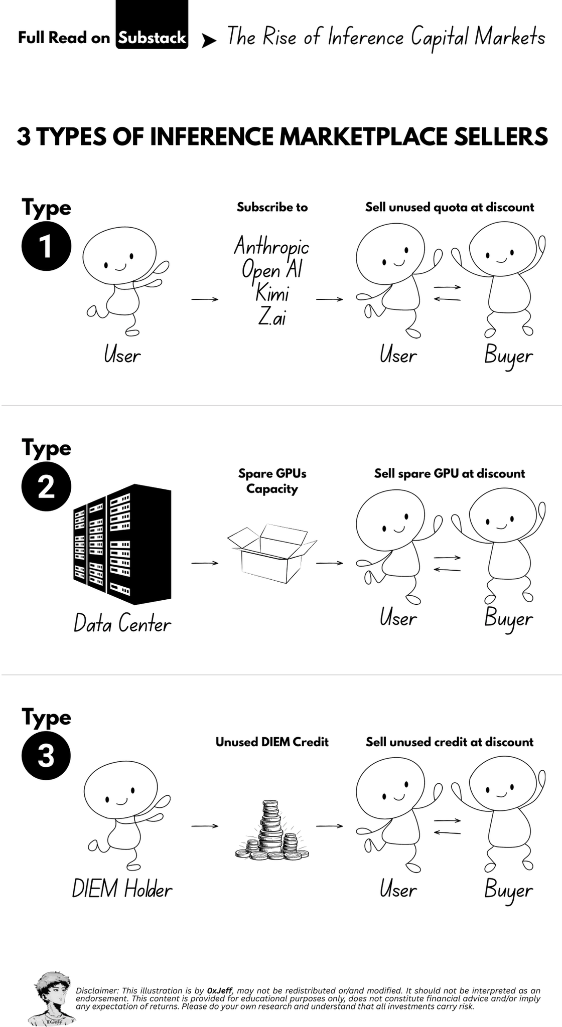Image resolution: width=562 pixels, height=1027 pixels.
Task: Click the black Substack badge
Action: point(152,25)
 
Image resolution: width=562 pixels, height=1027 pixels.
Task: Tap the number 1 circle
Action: point(46,246)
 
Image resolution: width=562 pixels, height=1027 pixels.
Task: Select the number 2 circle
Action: point(46,486)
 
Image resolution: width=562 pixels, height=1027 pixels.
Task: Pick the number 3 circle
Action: point(46,756)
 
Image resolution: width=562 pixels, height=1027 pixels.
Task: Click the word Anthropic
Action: point(271,246)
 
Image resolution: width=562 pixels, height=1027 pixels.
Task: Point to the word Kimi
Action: point(272,292)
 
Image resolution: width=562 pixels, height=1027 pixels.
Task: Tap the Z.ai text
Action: point(272,315)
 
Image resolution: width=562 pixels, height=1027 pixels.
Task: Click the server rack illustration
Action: point(122,544)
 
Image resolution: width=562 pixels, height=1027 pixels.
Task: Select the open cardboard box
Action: point(272,554)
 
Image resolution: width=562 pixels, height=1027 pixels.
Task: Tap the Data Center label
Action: point(122,624)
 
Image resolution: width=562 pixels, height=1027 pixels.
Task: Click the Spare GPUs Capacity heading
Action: point(272,481)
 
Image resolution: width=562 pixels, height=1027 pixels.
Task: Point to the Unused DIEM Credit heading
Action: point(272,742)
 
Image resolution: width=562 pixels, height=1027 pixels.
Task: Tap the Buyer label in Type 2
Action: point(508,619)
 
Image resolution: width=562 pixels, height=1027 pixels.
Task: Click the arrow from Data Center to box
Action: point(205,563)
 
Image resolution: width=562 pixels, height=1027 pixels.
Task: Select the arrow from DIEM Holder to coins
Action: point(205,826)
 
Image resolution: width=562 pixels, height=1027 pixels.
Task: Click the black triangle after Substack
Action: point(209,41)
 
